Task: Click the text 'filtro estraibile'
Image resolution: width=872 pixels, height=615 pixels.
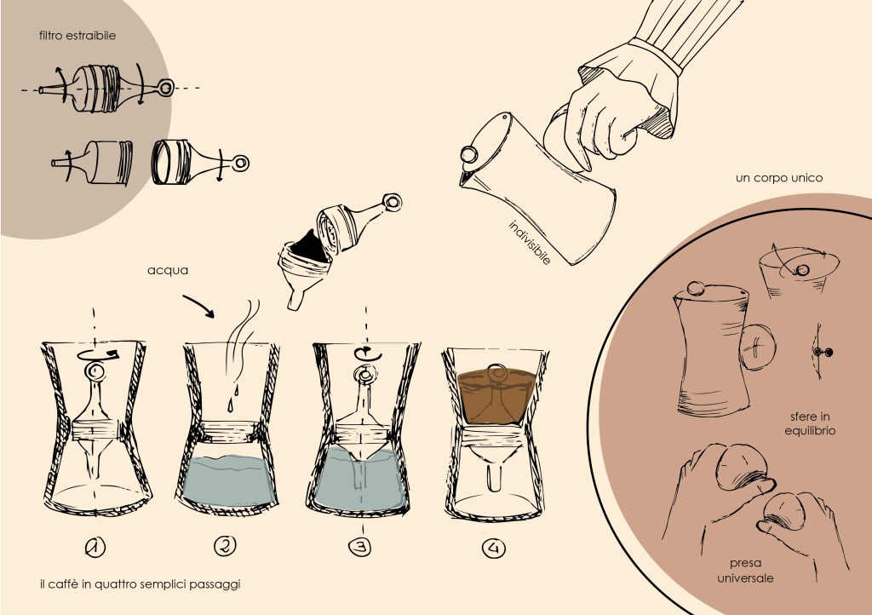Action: [x=77, y=36]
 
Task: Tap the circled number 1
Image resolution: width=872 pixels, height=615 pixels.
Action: [x=95, y=548]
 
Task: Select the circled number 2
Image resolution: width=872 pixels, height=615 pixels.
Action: [x=225, y=545]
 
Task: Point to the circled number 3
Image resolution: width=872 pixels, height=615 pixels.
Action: [x=360, y=547]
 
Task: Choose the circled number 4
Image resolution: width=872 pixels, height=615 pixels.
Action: [x=494, y=549]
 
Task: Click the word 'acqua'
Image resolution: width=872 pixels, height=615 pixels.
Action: [x=168, y=271]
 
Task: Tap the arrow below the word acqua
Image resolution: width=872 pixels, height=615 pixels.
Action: [x=199, y=305]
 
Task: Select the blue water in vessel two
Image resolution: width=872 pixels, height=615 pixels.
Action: [x=228, y=478]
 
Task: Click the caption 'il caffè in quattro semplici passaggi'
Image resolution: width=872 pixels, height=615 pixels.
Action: [x=141, y=584]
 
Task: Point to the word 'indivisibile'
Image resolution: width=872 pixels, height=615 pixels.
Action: [x=530, y=243]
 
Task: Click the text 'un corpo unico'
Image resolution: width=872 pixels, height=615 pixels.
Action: [x=778, y=178]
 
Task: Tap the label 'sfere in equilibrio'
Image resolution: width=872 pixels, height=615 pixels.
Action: [x=810, y=423]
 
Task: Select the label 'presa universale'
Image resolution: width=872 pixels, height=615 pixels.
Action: [x=745, y=571]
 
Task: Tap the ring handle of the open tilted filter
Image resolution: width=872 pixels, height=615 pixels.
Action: [x=392, y=203]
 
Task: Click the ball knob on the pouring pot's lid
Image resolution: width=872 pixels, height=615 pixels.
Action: [x=469, y=154]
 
